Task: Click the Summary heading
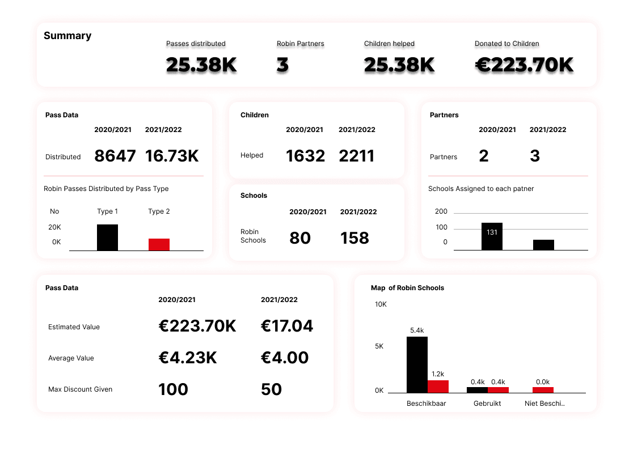pos(67,36)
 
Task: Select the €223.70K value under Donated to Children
pos(524,65)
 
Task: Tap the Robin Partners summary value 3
pos(282,65)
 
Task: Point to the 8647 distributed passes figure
pos(115,156)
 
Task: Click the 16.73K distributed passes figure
pos(172,156)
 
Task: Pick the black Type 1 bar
pos(108,237)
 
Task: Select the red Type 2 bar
pos(159,244)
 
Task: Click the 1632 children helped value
pos(305,156)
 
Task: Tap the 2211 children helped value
pos(357,156)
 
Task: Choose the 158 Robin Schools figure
pos(354,238)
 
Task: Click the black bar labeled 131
pos(492,236)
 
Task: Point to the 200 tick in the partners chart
pos(441,211)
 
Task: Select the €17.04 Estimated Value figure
pos(287,326)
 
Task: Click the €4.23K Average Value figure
pos(188,358)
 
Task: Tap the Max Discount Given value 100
pos(174,389)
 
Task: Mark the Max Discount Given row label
pos(80,389)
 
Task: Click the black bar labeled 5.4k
pos(417,364)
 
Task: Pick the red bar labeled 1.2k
pos(438,387)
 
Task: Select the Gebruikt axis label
pos(487,404)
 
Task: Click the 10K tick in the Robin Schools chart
pos(381,304)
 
